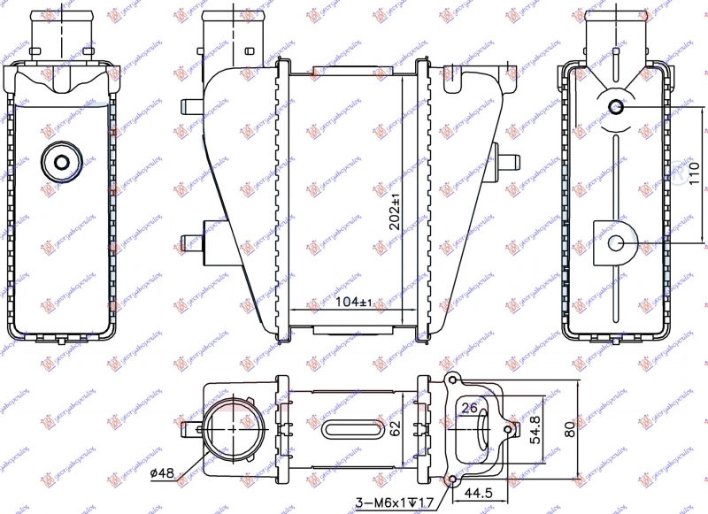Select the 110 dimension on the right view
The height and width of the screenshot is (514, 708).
pos(694,174)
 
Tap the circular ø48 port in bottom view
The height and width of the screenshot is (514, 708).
pos(229,429)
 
